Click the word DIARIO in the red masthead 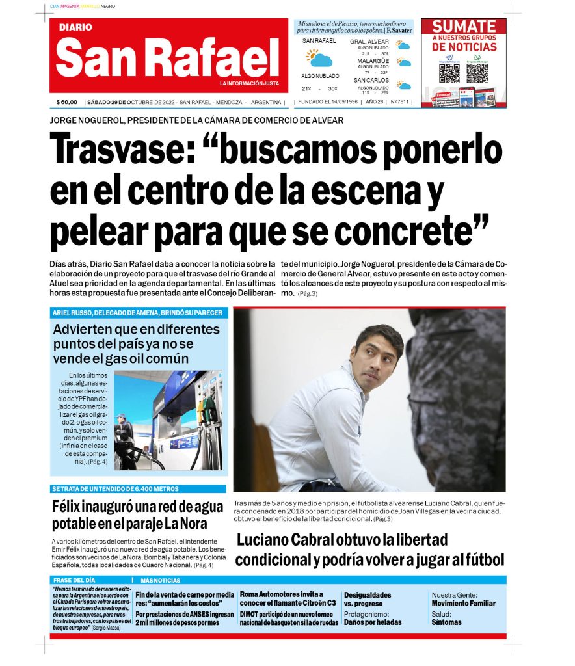tap(75, 27)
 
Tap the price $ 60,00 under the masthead tap(67, 102)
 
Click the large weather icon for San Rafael tap(319, 59)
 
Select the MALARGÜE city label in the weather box tap(373, 60)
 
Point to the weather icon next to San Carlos tap(404, 85)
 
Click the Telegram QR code tap(449, 72)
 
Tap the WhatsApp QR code tap(477, 72)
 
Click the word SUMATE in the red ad tap(464, 27)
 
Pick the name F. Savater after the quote tap(399, 31)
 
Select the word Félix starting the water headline tap(72, 507)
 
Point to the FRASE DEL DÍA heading tap(73, 580)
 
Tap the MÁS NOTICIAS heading tap(160, 580)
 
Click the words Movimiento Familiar tap(463, 603)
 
